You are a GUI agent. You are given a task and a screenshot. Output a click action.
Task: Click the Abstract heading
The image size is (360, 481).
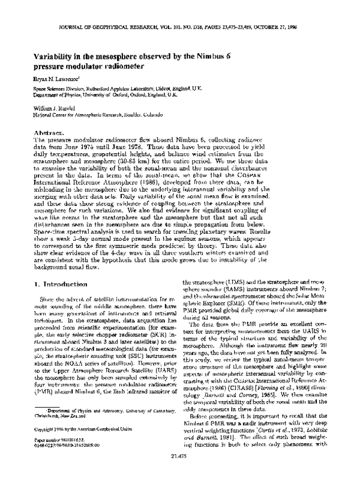(49, 132)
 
